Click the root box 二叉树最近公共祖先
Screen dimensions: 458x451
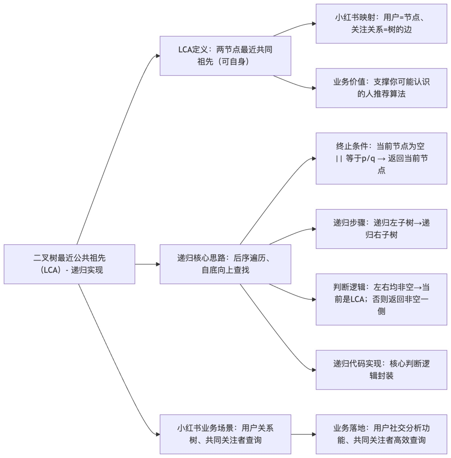tap(69, 264)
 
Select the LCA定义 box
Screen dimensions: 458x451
tap(225, 56)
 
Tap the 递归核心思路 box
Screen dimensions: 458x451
tap(225, 264)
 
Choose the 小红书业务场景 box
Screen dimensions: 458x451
tap(225, 434)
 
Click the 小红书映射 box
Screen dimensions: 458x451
tap(381, 23)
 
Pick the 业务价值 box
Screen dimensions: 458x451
tap(381, 88)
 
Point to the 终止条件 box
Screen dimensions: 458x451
tap(381, 158)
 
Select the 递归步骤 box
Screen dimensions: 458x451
tap(381, 229)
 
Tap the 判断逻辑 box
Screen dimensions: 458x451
tap(381, 299)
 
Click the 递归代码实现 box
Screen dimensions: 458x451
tap(381, 369)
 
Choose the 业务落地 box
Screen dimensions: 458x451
tap(381, 434)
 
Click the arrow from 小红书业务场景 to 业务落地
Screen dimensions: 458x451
tap(303, 434)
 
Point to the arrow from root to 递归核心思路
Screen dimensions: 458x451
tap(147, 264)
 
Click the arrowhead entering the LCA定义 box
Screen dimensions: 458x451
tap(157, 56)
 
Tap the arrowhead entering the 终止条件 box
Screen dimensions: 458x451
tap(314, 159)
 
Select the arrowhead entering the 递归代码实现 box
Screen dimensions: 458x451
tap(314, 369)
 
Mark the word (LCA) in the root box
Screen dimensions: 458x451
tap(51, 270)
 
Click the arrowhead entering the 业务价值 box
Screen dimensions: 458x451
tap(314, 88)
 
